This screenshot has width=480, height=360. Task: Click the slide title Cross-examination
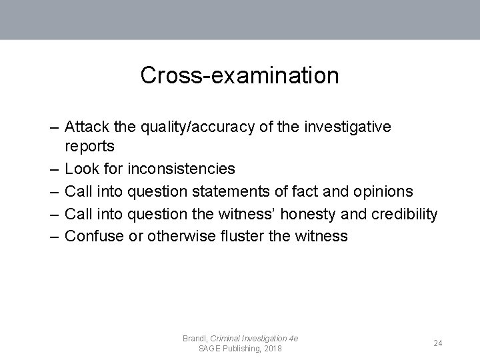click(239, 75)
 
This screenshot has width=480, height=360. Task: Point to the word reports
click(90, 146)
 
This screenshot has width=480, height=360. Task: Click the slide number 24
click(438, 343)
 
